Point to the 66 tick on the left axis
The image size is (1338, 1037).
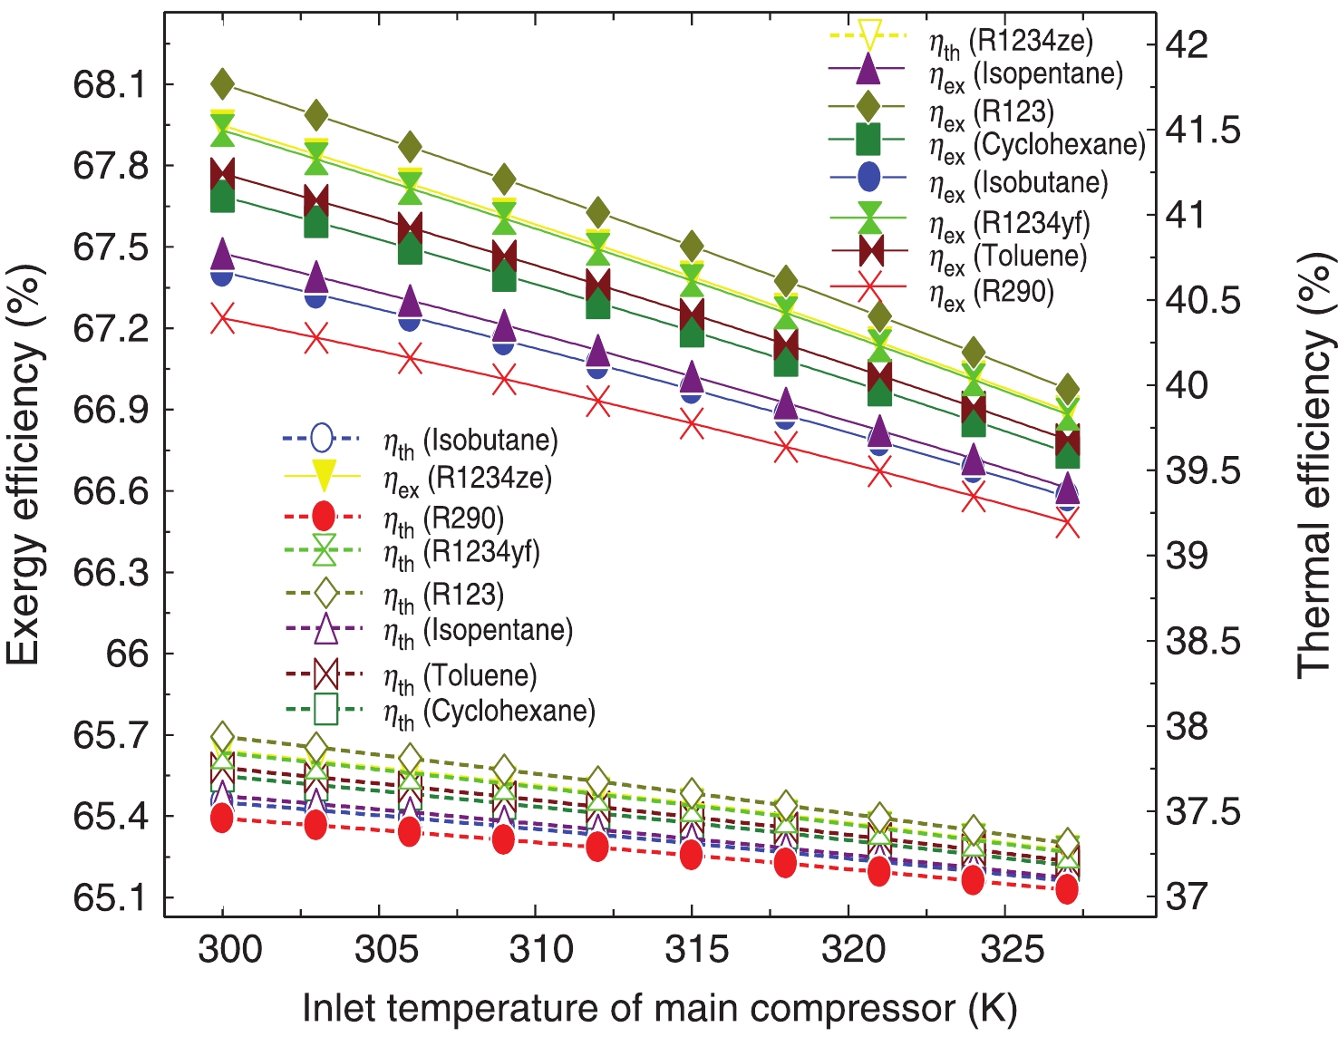127,653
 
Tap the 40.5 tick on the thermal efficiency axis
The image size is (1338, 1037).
1203,300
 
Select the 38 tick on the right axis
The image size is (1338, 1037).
1187,726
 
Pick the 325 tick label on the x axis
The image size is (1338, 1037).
1012,949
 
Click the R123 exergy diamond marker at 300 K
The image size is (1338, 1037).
223,84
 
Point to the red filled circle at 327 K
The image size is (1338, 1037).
1067,889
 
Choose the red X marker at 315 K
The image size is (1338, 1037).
692,424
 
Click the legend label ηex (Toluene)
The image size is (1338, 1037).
1007,257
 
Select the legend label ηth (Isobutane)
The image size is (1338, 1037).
470,442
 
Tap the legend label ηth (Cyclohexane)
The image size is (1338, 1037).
490,712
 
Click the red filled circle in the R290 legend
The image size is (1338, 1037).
324,517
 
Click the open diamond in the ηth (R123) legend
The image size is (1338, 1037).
325,594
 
